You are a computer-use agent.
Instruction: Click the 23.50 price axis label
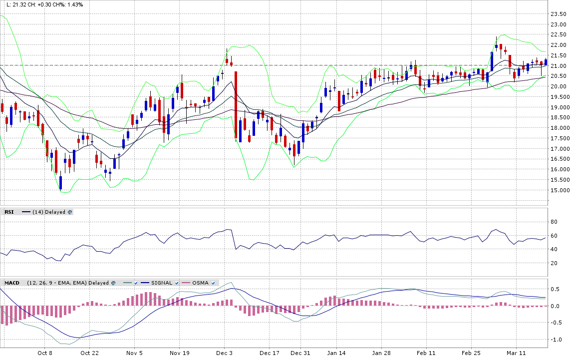559,14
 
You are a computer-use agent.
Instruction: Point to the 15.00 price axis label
559,190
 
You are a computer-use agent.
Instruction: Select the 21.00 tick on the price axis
559,66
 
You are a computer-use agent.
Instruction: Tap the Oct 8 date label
45,353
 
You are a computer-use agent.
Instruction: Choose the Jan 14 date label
336,353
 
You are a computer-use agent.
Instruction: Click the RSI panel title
9,212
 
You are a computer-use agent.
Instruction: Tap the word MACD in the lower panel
11,283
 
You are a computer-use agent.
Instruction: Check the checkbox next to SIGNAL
177,283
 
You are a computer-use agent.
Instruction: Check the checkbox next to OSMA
213,283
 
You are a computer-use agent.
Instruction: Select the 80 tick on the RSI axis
554,222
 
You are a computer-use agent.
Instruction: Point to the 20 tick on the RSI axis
554,263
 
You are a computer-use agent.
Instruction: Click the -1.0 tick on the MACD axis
555,340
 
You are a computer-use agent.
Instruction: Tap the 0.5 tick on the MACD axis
554,289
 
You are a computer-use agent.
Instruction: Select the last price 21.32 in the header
19,4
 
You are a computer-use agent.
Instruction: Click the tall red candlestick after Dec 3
235,105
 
